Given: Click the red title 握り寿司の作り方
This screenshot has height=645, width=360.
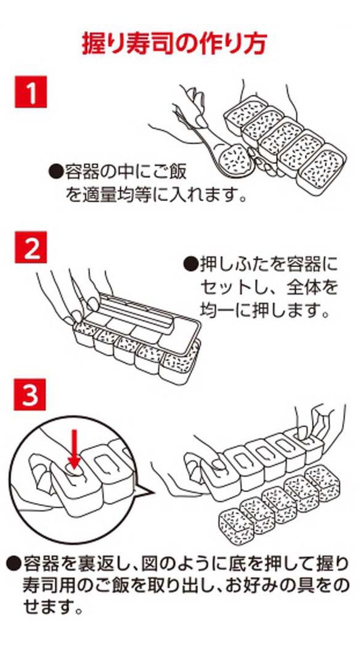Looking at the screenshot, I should click(174, 43).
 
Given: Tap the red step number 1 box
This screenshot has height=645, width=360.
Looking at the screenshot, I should click(31, 92).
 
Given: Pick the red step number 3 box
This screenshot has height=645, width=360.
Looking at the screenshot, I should click(31, 395).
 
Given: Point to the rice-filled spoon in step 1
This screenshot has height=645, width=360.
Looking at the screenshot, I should click(231, 158).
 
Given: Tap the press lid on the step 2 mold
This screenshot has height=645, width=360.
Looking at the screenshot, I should click(150, 315).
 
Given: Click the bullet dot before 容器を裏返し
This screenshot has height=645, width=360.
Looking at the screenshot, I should click(14, 563).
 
